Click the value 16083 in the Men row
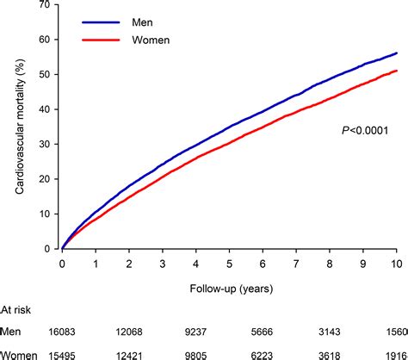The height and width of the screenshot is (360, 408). click(x=63, y=332)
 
